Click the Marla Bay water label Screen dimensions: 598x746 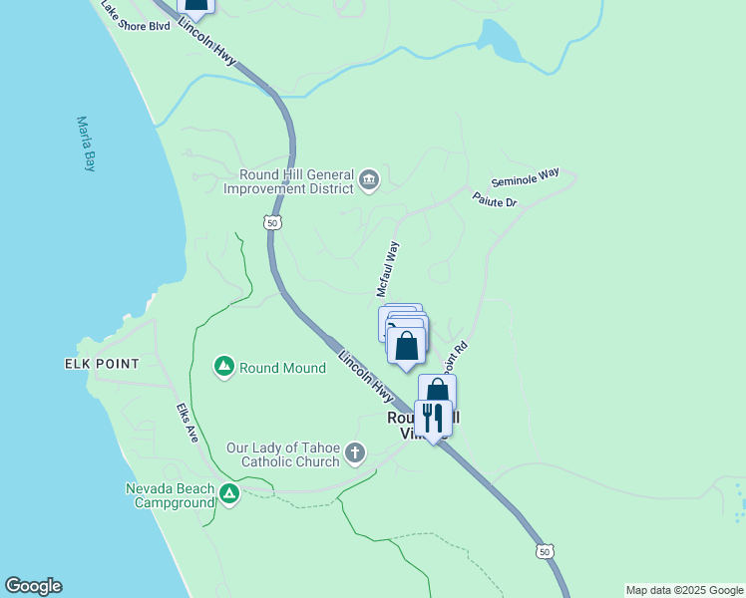86,145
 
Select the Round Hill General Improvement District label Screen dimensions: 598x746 289,180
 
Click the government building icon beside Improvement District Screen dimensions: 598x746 369,179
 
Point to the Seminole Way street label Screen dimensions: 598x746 526,178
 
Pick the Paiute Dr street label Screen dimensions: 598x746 495,201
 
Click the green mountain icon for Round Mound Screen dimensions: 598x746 224,368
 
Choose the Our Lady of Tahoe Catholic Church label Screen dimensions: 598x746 283,454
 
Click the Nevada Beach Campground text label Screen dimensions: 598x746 170,495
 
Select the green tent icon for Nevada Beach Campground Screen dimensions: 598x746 230,493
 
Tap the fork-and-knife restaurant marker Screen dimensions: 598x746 433,418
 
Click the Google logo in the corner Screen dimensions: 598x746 33,586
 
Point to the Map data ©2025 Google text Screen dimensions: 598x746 684,590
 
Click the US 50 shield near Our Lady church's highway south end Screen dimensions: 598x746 544,551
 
